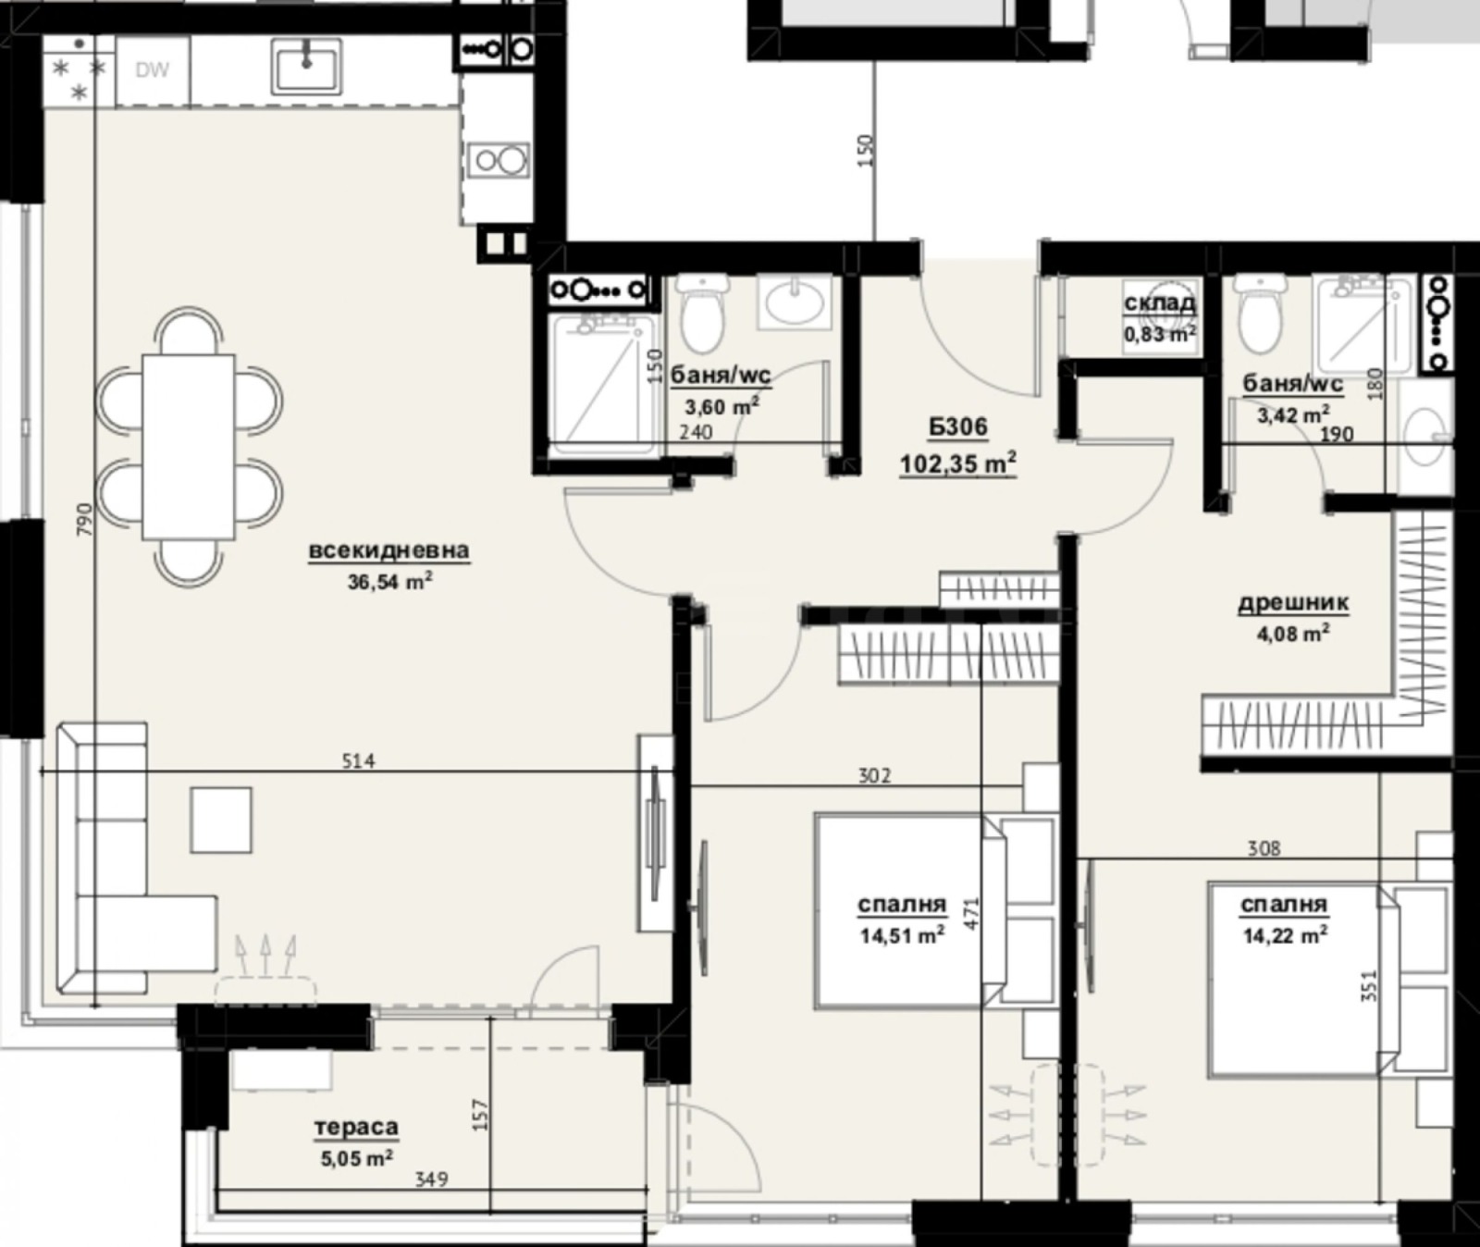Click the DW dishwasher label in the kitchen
pos(152,70)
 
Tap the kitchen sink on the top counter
pos(306,66)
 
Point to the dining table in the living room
pos(188,447)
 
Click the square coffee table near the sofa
pos(221,820)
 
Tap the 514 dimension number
pos(358,761)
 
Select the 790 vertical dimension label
pos(84,521)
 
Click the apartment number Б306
pos(958,427)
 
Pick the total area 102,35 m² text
pos(958,463)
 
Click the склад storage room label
pos(1159,303)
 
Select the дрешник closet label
pos(1293,603)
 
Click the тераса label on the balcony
pos(356,1127)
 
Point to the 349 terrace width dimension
pos(431,1179)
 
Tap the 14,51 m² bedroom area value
pos(902,935)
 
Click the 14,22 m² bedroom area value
pos(1285,935)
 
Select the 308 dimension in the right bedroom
pos(1264,847)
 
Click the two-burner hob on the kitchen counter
pos(498,161)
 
